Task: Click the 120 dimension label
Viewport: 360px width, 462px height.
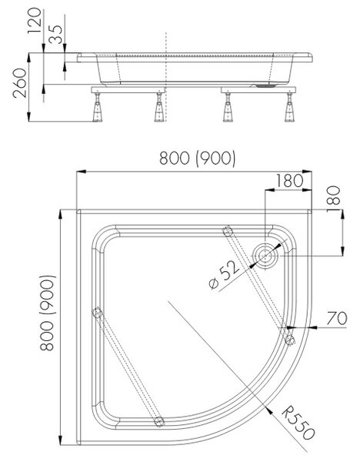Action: coord(35,21)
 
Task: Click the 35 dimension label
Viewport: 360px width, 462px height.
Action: coord(55,35)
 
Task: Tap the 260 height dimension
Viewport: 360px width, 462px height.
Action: coord(20,83)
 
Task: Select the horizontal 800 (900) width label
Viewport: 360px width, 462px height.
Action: coord(197,158)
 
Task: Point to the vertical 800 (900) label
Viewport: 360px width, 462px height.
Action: coord(47,313)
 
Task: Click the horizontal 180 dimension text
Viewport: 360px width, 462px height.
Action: coord(290,181)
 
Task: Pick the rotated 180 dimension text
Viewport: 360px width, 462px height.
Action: coord(334,196)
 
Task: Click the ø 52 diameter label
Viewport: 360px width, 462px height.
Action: coord(224,275)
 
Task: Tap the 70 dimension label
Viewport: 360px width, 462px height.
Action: coord(337,319)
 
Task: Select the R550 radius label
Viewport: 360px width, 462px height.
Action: coord(298,423)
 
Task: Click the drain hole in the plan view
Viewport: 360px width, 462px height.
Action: coord(265,256)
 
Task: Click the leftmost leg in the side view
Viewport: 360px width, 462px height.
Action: coord(97,107)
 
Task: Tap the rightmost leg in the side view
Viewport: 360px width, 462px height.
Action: coord(289,107)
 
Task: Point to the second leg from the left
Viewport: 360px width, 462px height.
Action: coord(158,107)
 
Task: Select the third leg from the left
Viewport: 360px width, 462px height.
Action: coord(228,107)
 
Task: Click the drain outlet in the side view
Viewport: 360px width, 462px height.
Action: coord(265,85)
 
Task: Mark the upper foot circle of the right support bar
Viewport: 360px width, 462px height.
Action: coord(228,231)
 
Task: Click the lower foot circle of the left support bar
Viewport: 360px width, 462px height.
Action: coord(159,422)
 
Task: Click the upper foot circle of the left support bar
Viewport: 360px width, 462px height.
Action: coord(97,313)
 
